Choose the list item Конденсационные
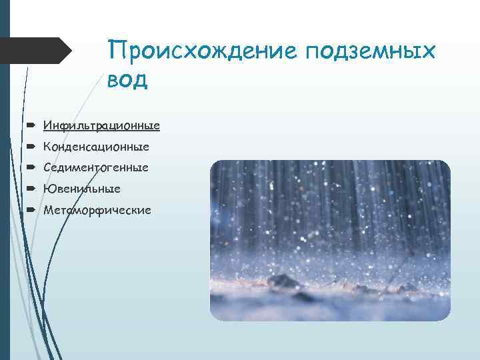tap(96, 146)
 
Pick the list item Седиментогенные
tap(96, 167)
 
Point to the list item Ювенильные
tap(82, 189)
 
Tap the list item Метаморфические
tap(97, 210)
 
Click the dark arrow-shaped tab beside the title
tap(37, 51)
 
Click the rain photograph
tap(330, 240)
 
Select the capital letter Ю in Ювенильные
tap(48, 189)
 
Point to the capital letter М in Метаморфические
tap(48, 210)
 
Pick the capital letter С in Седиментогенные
tap(47, 167)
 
